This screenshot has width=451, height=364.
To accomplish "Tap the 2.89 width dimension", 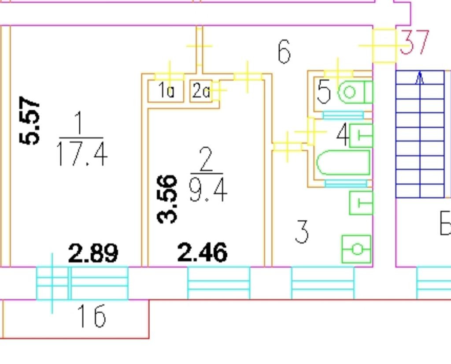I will click(x=93, y=253).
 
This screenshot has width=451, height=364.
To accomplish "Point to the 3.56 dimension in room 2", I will click(x=167, y=199).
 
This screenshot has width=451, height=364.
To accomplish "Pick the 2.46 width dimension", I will click(x=202, y=253).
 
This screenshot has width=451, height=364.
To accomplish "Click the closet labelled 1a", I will click(x=166, y=91).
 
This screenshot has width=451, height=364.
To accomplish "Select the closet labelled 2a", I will click(x=201, y=91).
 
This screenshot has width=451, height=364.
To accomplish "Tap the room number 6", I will click(x=285, y=52).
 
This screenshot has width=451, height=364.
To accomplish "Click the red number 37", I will click(x=414, y=43).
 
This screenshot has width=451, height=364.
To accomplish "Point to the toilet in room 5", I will click(x=354, y=93).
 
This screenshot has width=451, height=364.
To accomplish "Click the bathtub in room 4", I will click(x=343, y=163).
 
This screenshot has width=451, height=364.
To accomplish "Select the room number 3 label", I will click(x=302, y=232).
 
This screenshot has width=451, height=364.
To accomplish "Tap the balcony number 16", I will click(x=92, y=316).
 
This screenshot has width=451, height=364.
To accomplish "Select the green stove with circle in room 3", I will click(x=357, y=249).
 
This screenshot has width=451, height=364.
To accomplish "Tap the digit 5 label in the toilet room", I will click(x=324, y=92).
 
